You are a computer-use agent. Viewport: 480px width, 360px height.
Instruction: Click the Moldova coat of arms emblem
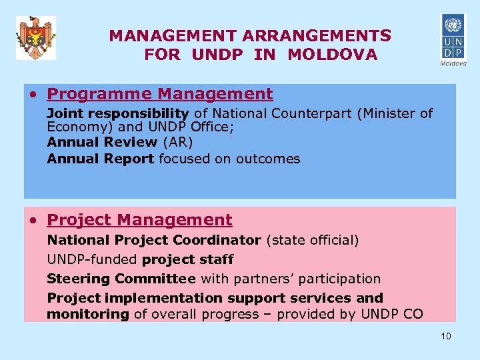point(35,37)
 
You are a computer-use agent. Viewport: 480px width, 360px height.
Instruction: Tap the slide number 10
point(446,336)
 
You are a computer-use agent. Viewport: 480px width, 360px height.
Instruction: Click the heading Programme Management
point(160,95)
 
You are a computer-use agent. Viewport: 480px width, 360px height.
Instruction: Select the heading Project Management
point(140,220)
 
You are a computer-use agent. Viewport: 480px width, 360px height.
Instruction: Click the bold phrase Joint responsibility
point(118,114)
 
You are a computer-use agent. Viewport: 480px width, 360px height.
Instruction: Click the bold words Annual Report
point(101,159)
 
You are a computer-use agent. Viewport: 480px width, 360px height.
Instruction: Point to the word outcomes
point(268,159)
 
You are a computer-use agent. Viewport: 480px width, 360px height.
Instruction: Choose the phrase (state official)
point(312,240)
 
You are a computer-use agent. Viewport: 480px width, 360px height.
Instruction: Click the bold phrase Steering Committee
point(121,279)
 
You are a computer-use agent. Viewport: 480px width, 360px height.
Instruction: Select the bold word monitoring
point(87,314)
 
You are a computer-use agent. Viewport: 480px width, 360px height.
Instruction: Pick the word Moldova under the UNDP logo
point(453,64)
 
